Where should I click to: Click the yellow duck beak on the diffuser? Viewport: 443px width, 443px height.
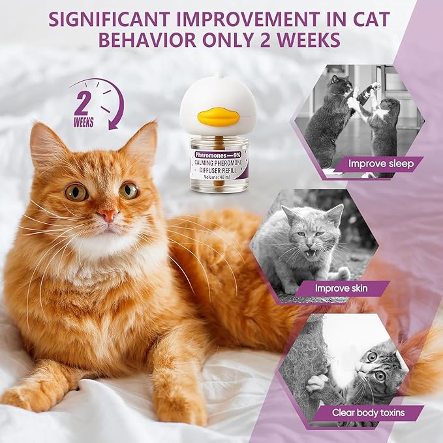pyautogui.click(x=216, y=117)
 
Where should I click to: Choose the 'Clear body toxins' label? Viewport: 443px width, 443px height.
pyautogui.click(x=367, y=412)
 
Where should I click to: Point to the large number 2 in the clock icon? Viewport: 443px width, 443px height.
pyautogui.click(x=84, y=102)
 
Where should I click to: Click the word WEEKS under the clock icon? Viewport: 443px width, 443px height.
pyautogui.click(x=84, y=123)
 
